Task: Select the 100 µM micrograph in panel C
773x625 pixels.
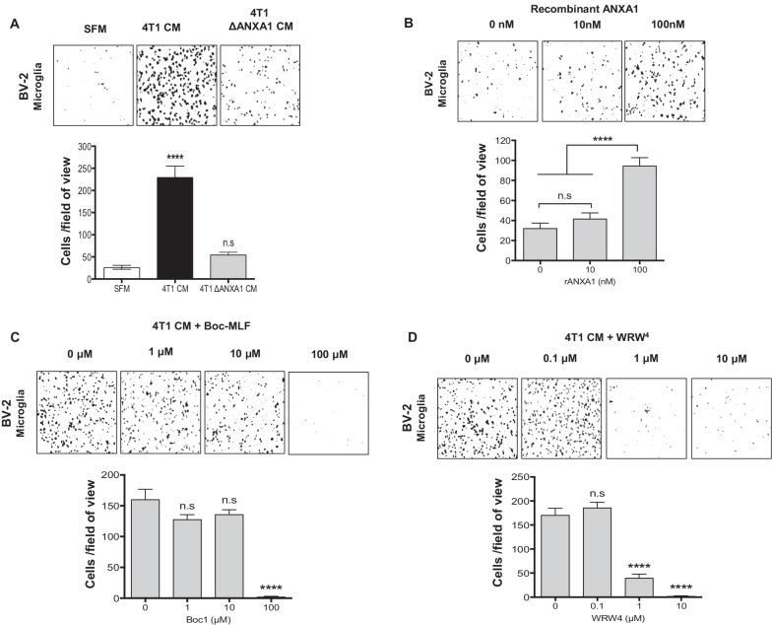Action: pos(328,412)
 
